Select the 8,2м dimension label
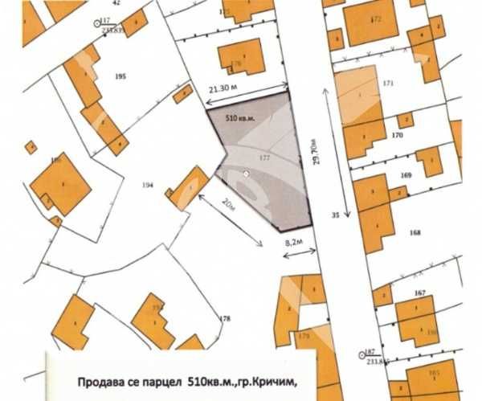point(295,240)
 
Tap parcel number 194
point(147,186)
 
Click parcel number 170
point(397,136)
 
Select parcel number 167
point(419,293)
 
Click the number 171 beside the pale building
point(389,84)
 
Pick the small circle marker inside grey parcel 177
point(246,174)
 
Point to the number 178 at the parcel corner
point(224,319)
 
